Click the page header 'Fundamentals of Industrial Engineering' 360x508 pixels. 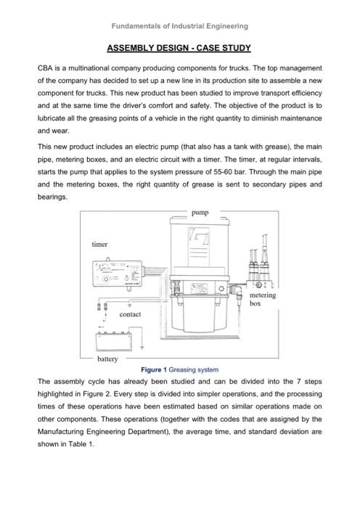coord(179,26)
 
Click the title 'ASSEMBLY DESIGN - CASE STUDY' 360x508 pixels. coord(179,49)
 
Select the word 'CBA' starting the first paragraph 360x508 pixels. coord(46,67)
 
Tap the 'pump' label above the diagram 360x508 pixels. coord(200,213)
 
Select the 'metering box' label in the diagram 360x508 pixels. coord(262,300)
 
